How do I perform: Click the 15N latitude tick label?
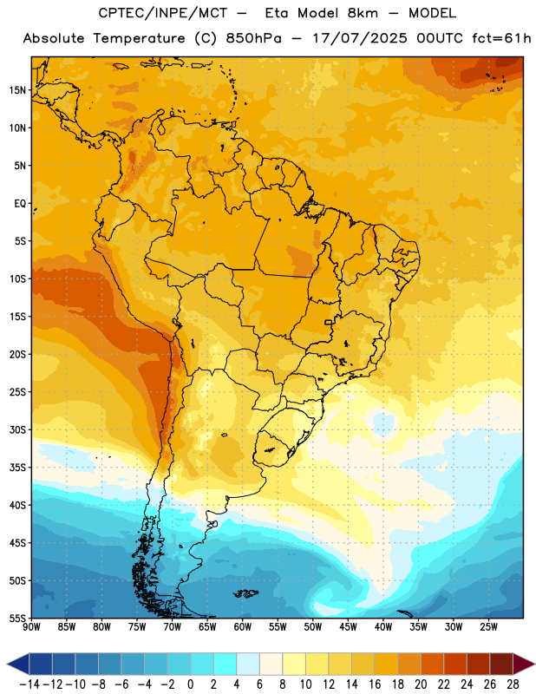(17, 90)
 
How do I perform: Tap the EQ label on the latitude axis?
(20, 204)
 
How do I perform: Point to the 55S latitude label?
(17, 618)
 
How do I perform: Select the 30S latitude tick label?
(17, 429)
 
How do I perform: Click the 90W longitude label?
(31, 627)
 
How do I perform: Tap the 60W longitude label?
(243, 627)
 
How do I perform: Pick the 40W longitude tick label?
(383, 627)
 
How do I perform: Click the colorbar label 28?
(513, 684)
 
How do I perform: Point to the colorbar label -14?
(30, 684)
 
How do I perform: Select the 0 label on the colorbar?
(190, 684)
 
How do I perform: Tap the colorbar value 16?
(375, 684)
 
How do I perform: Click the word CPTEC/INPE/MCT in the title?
(163, 13)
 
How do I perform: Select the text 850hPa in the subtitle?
(253, 38)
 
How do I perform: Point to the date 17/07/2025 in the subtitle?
(360, 38)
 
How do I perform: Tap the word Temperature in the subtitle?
(139, 38)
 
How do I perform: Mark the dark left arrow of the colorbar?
(17, 665)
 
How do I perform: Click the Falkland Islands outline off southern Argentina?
(246, 593)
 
